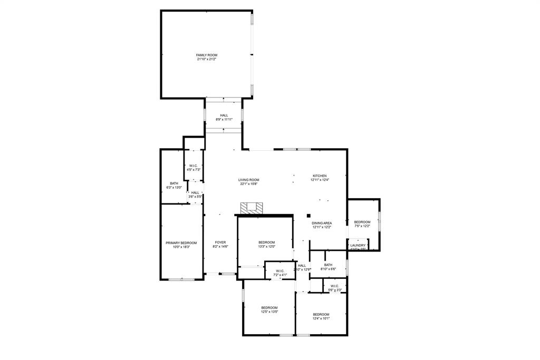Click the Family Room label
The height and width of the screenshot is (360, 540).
click(x=207, y=55)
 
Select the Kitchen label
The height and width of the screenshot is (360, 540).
click(x=320, y=176)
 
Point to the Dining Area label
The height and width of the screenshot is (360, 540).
click(x=322, y=223)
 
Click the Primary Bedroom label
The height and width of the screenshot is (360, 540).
click(x=181, y=243)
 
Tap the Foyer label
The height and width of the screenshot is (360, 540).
click(x=220, y=242)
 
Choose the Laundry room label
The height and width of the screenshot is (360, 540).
click(x=358, y=245)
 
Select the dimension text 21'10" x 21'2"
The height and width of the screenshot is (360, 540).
click(x=207, y=59)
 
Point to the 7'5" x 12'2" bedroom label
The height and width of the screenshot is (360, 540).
click(x=362, y=222)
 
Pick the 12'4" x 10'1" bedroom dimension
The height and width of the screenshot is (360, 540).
click(x=321, y=318)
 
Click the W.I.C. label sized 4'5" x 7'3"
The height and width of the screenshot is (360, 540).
click(x=193, y=166)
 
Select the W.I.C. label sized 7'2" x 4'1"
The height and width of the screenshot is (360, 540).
click(x=280, y=271)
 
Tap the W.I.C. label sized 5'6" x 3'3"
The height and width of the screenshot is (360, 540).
click(x=335, y=287)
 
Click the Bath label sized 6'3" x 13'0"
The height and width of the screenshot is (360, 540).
click(x=174, y=183)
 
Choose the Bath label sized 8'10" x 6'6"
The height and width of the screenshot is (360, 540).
click(x=328, y=265)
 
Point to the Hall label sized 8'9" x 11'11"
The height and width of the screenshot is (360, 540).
click(x=224, y=115)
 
